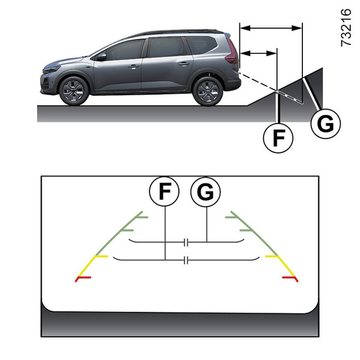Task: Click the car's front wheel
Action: (74, 91)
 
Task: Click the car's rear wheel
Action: (208, 91)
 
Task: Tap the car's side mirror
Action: (101, 57)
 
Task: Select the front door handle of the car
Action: (133, 67)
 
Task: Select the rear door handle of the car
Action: (184, 64)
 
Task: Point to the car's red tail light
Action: (232, 52)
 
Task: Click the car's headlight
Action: (52, 69)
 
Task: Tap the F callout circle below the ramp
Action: (278, 138)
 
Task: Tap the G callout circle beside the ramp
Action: (326, 124)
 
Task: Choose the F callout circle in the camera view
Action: (164, 191)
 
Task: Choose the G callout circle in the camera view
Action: (205, 192)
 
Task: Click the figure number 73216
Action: (346, 28)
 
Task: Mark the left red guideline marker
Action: (83, 278)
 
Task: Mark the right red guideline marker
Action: (290, 279)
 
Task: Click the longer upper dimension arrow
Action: (271, 28)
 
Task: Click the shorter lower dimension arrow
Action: (258, 53)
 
